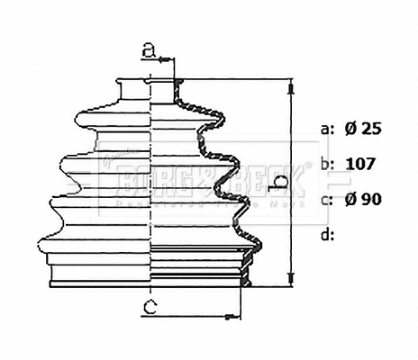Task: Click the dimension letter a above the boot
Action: point(151,50)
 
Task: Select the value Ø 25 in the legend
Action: point(363,129)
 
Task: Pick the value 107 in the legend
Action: point(360,164)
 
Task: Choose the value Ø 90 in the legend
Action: point(363,199)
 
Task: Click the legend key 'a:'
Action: point(327,129)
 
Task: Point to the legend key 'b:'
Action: point(327,164)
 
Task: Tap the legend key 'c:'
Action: point(327,199)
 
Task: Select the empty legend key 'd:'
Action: point(327,234)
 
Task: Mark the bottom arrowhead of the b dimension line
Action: point(291,277)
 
